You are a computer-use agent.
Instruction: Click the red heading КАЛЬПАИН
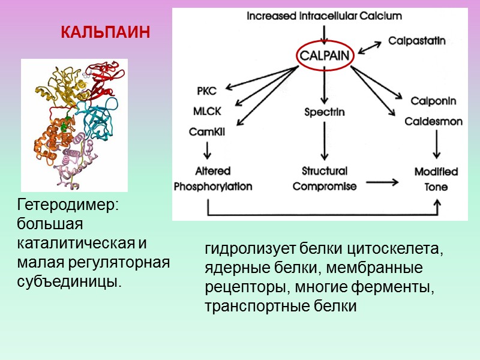coord(105,32)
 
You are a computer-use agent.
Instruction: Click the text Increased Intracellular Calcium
coord(325,16)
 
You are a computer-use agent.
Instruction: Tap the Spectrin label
coord(324,112)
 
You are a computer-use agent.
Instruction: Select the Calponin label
coord(434,100)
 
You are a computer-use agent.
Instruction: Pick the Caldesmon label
coord(434,121)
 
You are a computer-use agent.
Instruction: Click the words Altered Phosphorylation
coord(213,179)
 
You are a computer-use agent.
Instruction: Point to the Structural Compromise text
coord(325,178)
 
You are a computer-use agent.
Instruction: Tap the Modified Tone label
coord(436,179)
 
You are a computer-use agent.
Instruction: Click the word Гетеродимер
coord(69,205)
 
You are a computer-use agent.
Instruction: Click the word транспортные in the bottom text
coord(247,306)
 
